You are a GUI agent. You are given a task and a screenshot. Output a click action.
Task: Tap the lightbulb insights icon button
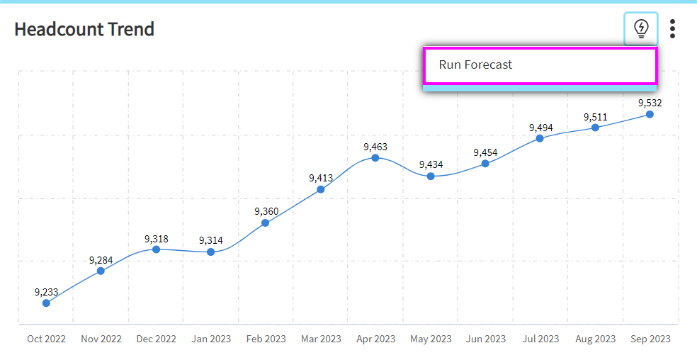point(641,28)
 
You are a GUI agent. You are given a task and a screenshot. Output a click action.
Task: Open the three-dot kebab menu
point(672,28)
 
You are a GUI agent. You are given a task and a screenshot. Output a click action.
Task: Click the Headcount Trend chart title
point(84,30)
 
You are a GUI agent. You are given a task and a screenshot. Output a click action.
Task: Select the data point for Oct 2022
point(46,303)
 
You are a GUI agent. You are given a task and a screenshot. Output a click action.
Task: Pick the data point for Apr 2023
point(375,157)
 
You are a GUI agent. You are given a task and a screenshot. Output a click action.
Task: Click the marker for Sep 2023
point(650,114)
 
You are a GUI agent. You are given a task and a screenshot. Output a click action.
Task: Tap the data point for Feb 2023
point(266,223)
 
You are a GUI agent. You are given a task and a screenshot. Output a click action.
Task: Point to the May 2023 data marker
point(431,176)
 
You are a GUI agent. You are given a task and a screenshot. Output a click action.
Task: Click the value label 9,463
point(375,147)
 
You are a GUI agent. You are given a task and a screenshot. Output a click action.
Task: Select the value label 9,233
point(46,291)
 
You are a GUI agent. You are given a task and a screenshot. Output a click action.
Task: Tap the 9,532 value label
point(650,103)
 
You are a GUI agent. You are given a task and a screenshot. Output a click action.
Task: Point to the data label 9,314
point(211,240)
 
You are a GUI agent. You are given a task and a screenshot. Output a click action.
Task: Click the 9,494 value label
point(540,128)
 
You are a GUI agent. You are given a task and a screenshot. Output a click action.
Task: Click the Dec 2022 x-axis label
point(156,339)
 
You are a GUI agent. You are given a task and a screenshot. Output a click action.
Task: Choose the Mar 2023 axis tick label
point(321,339)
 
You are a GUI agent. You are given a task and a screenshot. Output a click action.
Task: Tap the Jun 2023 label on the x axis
point(486,339)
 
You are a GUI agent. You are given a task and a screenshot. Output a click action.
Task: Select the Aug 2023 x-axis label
point(595,339)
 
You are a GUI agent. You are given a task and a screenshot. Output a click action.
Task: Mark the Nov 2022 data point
point(101,271)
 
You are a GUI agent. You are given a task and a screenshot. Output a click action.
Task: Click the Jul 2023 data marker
point(540,138)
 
